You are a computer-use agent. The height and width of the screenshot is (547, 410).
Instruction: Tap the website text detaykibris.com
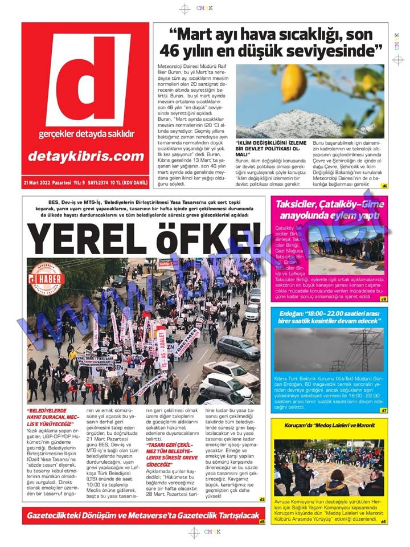pos(85,156)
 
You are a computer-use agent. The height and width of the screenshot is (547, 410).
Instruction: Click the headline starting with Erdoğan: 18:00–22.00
pos(329,317)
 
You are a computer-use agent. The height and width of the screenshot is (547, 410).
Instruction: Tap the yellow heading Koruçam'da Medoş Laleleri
pos(329,425)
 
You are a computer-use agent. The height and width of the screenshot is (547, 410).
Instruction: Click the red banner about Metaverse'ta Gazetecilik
pos(142,516)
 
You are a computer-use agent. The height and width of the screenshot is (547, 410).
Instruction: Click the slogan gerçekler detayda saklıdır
pos(86,134)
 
